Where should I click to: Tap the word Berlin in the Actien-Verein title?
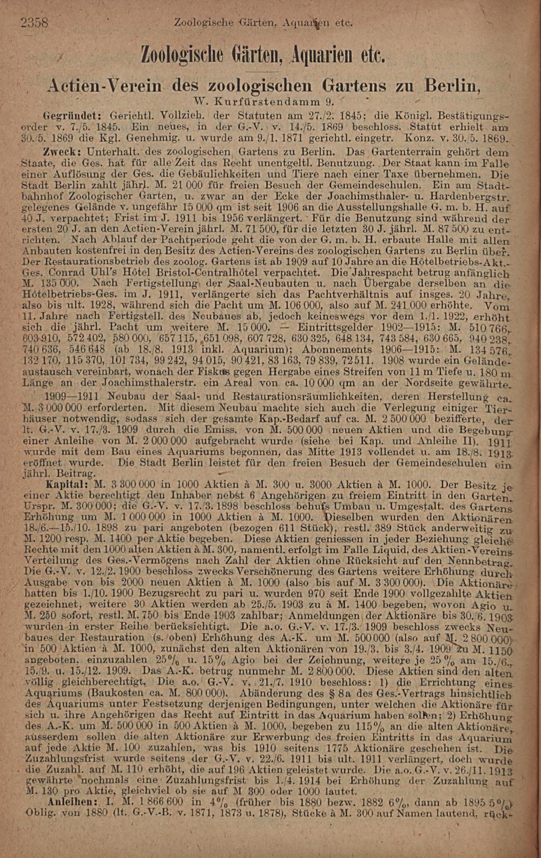[x=452, y=85]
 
